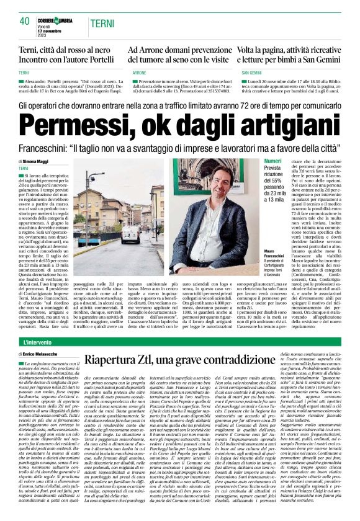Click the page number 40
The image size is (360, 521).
click(24, 21)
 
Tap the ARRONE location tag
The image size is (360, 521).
click(139, 73)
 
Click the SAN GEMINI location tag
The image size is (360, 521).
click(254, 73)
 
